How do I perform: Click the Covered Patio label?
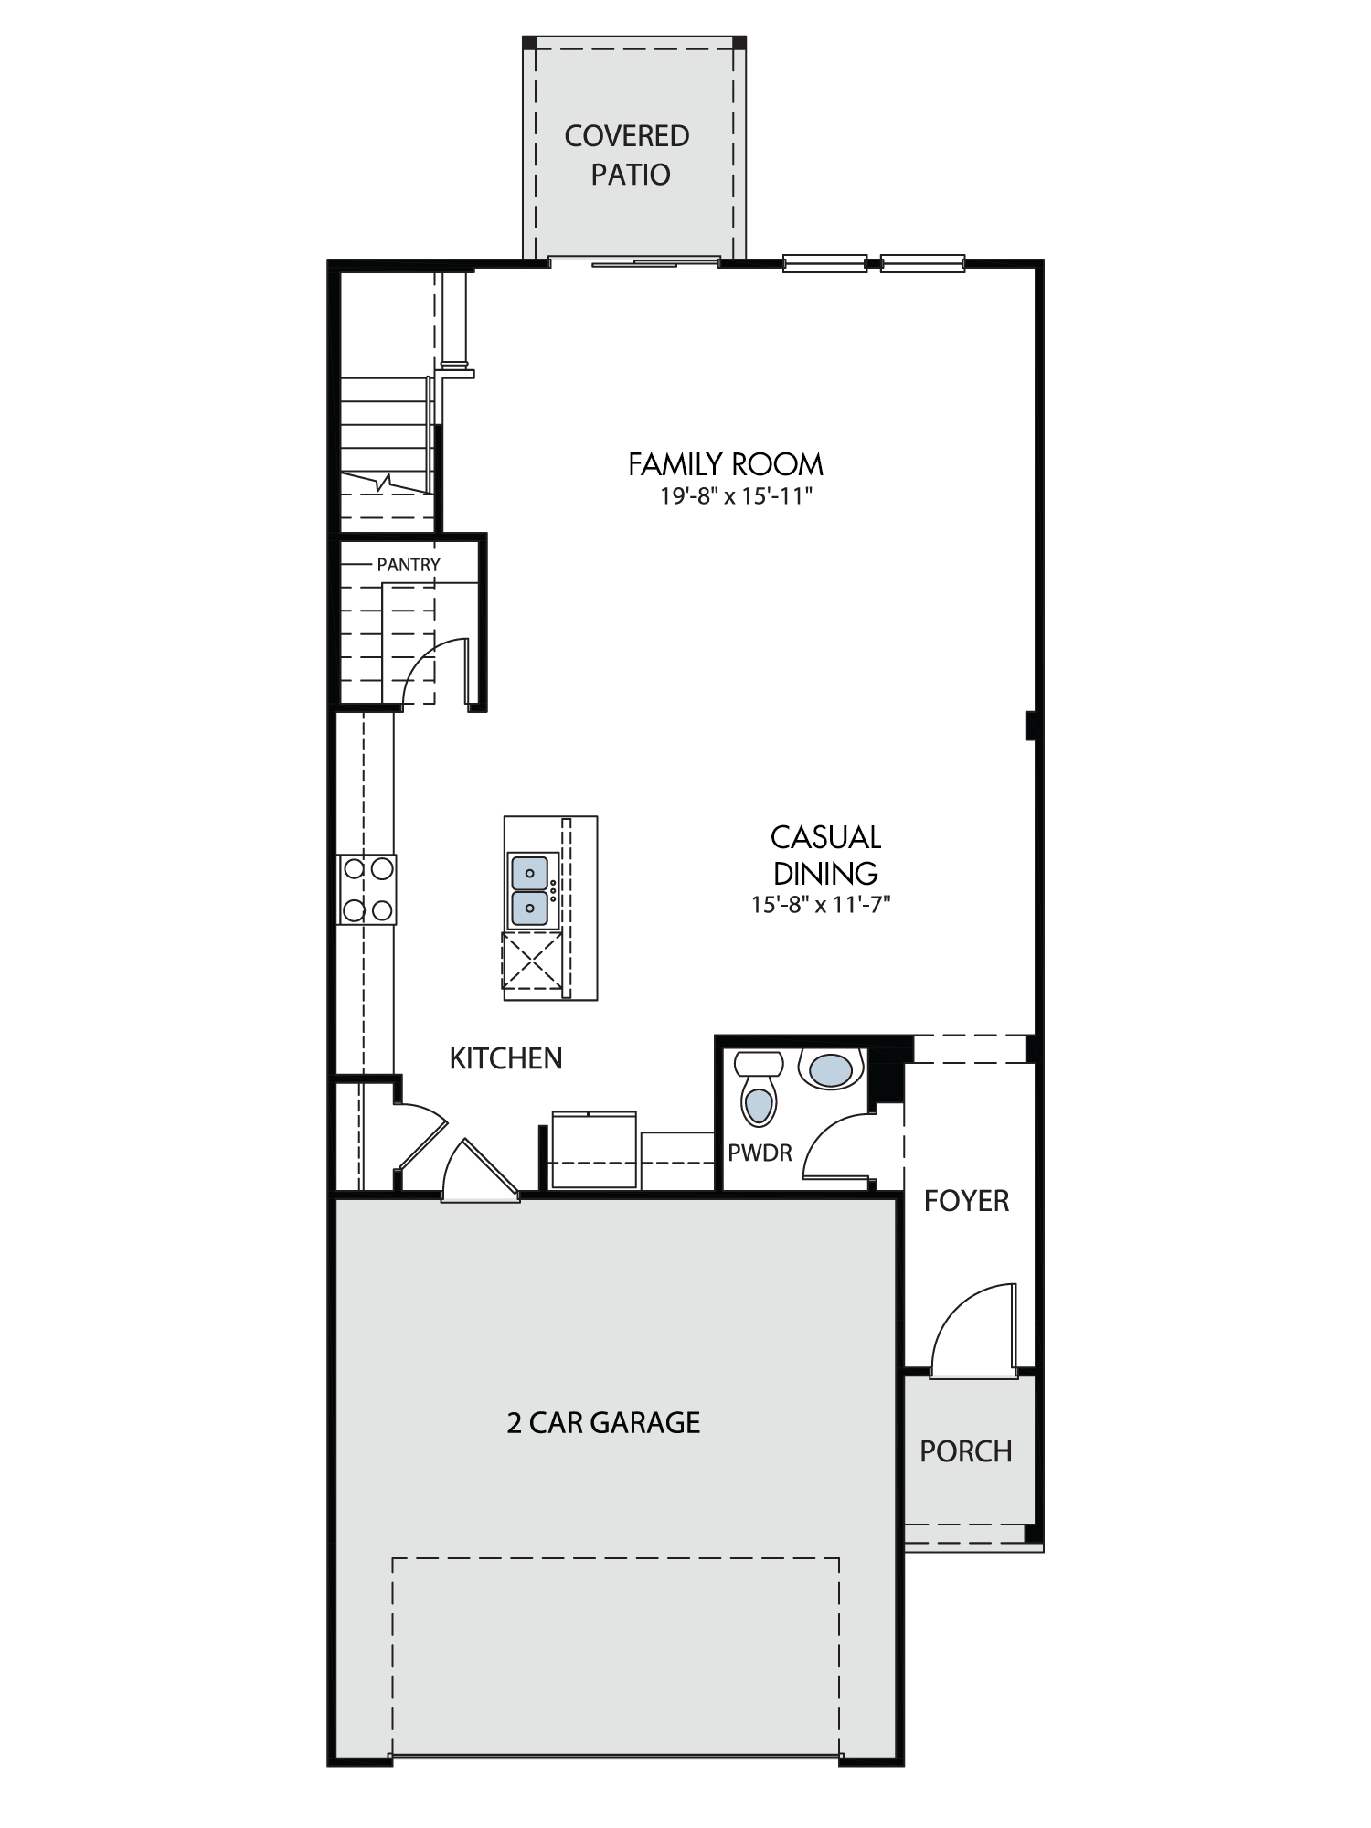pyautogui.click(x=627, y=154)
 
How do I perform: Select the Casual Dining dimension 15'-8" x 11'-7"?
pyautogui.click(x=821, y=904)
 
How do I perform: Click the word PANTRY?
pyautogui.click(x=409, y=565)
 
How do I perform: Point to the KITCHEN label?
pyautogui.click(x=505, y=1058)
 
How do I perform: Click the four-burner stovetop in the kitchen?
pyautogui.click(x=367, y=888)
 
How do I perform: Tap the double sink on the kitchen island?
pyautogui.click(x=530, y=890)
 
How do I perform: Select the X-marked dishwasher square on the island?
pyautogui.click(x=532, y=961)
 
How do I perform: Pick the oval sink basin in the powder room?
pyautogui.click(x=831, y=1069)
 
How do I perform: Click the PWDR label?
pyautogui.click(x=760, y=1153)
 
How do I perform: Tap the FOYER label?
pyautogui.click(x=966, y=1200)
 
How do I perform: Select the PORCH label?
pyautogui.click(x=966, y=1451)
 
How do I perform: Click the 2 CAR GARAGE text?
pyautogui.click(x=603, y=1422)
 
